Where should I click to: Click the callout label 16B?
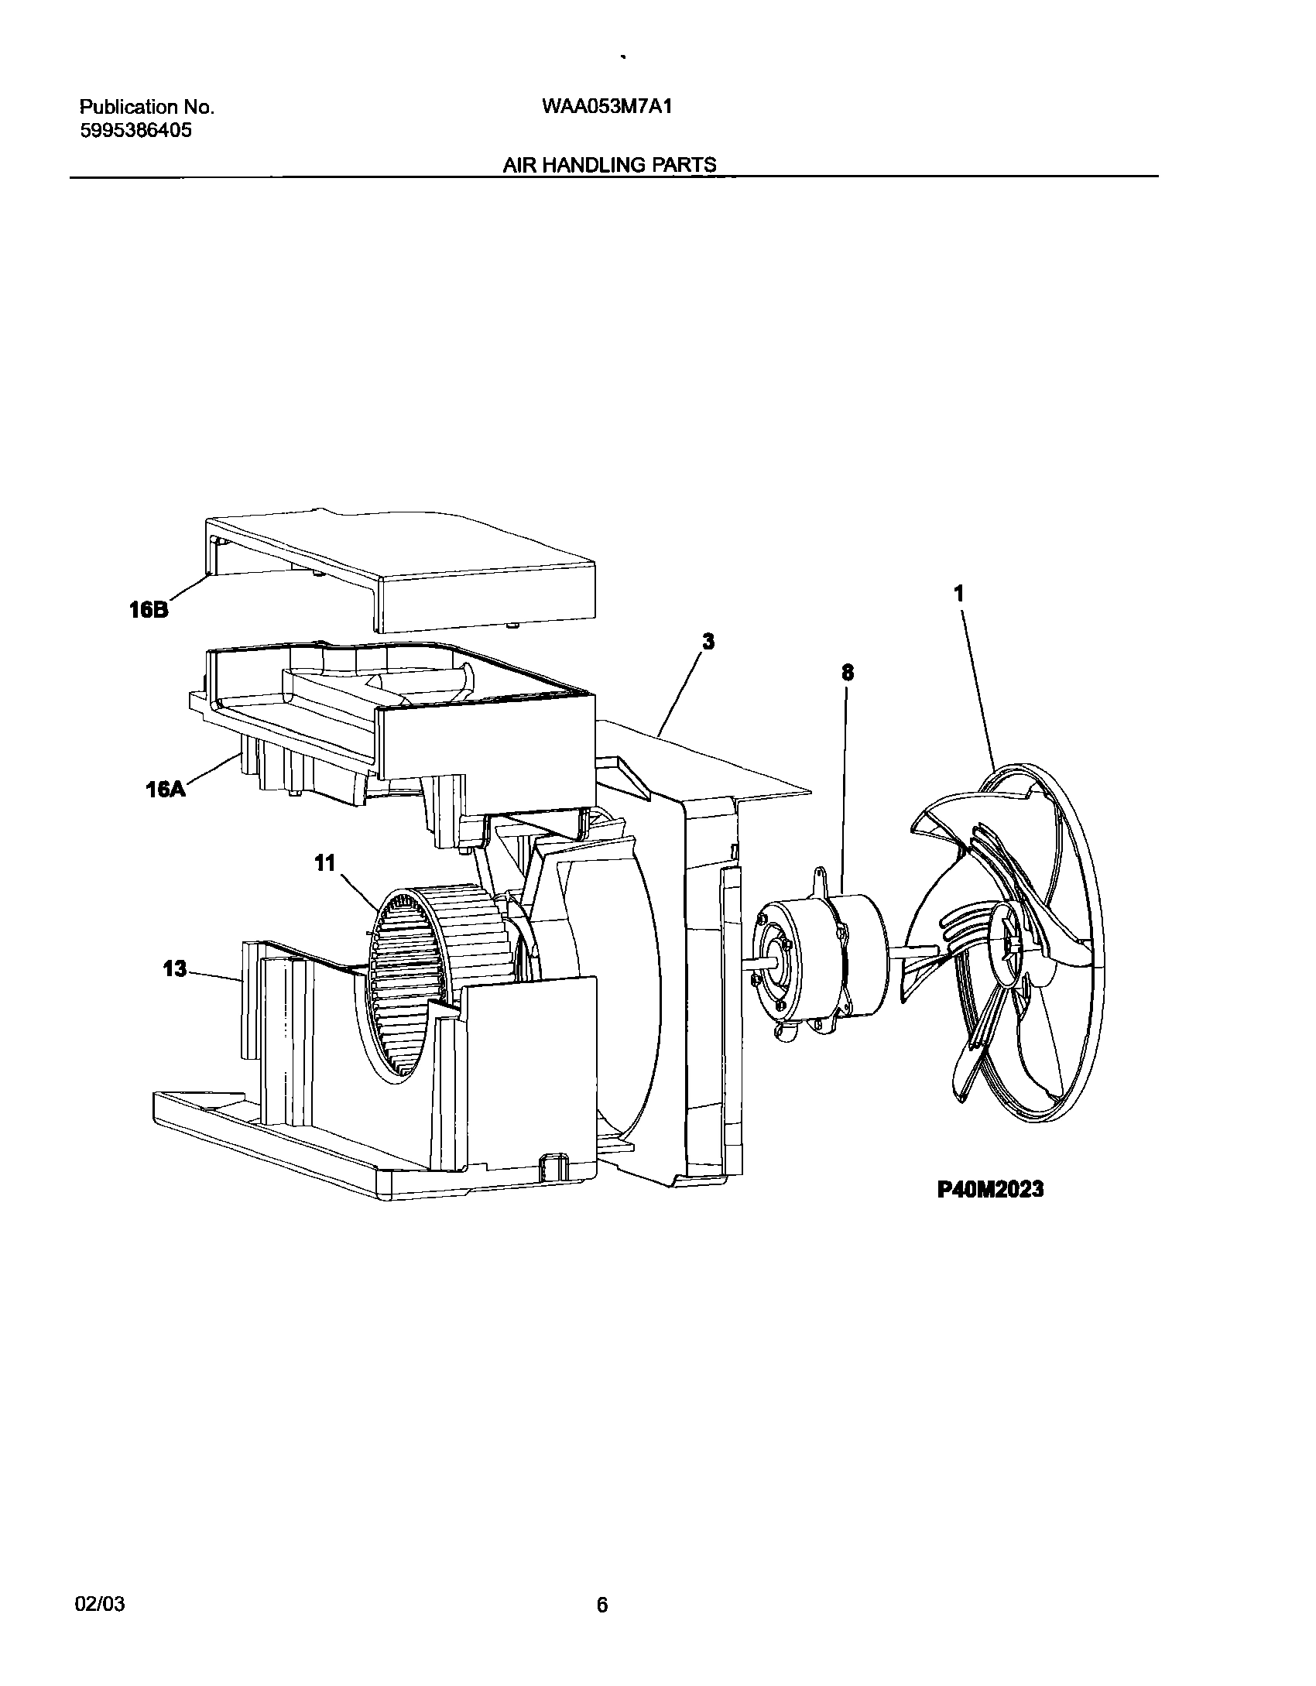point(149,610)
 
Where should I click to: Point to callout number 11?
point(324,862)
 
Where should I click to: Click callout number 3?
point(708,641)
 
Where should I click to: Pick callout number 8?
point(848,673)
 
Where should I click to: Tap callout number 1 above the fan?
point(959,594)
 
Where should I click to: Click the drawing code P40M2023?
point(990,1189)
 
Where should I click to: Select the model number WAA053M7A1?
point(607,107)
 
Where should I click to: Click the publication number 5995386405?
point(136,131)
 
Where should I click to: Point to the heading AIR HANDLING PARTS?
point(609,164)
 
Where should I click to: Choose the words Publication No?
point(147,108)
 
